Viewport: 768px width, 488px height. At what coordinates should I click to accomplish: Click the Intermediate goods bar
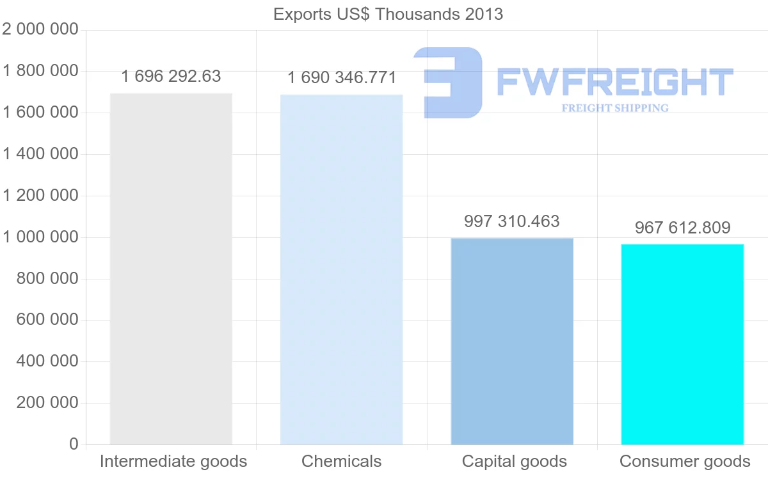point(171,269)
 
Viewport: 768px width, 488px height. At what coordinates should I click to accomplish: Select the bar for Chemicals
point(342,269)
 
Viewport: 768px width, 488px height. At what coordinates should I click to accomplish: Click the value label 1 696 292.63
point(171,77)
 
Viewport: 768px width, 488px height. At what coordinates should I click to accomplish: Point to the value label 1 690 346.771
point(342,78)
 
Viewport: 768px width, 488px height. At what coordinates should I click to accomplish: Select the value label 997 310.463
point(512,222)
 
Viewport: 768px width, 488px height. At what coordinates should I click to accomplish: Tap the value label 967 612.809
point(682,228)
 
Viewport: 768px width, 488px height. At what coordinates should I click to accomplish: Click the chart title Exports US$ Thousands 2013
point(388,14)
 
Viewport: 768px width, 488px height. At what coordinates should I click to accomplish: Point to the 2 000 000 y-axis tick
point(40,30)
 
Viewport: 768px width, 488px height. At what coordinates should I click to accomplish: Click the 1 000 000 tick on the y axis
point(40,237)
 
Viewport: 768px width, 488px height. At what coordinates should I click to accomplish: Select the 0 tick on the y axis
point(74,444)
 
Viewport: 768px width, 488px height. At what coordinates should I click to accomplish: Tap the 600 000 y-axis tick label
point(47,320)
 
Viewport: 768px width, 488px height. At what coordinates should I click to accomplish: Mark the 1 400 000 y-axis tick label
point(40,154)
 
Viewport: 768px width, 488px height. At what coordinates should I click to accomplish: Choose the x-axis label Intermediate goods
point(173,461)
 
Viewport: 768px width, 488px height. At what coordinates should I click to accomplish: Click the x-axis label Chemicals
point(341,461)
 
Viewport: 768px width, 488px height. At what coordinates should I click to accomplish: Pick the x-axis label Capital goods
point(515,461)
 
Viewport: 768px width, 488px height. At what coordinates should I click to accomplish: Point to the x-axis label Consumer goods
point(685,461)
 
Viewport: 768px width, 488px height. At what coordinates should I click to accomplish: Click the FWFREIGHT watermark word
point(614,82)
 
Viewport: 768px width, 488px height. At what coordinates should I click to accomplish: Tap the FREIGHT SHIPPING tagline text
point(615,108)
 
